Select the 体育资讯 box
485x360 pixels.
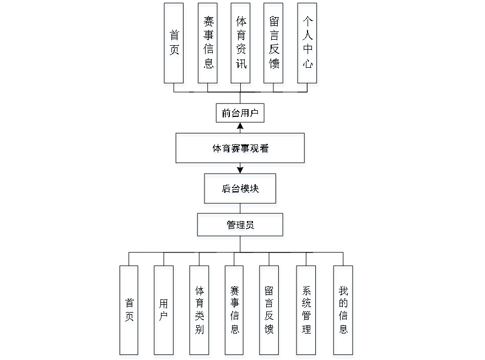241,45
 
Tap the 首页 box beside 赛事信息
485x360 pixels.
174,45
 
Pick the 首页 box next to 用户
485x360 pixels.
130,312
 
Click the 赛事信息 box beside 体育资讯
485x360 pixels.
208,45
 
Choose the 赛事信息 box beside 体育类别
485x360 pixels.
234,312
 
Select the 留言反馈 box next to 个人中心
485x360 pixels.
274,45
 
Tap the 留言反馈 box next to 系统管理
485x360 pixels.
270,312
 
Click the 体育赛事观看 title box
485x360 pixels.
241,149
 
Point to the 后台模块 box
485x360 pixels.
241,190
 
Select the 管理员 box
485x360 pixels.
241,226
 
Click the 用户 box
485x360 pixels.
164,312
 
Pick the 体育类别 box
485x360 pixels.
200,312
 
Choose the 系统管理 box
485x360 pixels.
306,312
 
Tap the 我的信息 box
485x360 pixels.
343,312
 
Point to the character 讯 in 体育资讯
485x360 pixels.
241,66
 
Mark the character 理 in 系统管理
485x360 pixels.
306,330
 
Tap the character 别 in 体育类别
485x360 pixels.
200,331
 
